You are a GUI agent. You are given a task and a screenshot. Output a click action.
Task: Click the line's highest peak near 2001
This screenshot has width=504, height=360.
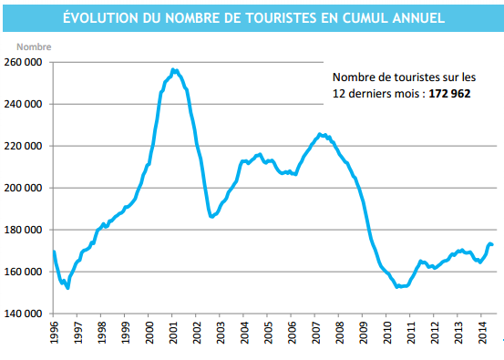[174, 69]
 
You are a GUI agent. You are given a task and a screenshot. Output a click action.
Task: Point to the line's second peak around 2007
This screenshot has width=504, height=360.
[319, 134]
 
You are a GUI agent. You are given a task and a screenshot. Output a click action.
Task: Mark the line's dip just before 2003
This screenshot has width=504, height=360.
[211, 217]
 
